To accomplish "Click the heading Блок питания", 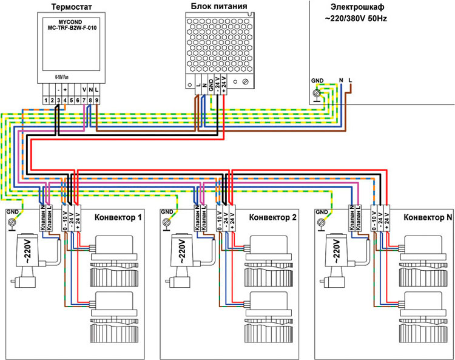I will click(218, 7).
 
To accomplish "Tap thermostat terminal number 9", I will click(96, 99).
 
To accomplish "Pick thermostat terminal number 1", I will click(46, 99).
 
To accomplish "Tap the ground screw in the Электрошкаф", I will click(316, 92).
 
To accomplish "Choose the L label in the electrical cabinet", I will click(351, 80).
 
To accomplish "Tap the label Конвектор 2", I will click(273, 217).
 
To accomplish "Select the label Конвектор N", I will click(428, 217).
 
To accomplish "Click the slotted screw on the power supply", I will click(244, 81).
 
